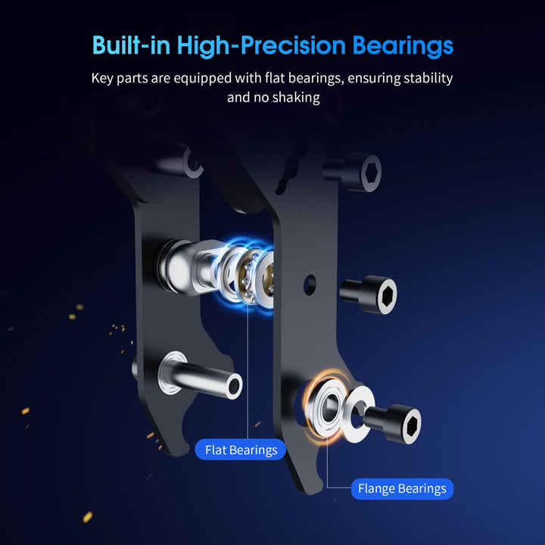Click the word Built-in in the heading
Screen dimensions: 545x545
[132, 45]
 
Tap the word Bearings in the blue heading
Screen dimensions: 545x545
[403, 46]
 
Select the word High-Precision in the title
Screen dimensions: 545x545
[261, 46]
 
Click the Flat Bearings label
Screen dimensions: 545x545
[241, 450]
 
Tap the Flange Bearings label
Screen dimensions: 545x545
[402, 489]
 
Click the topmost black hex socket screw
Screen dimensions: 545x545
[353, 172]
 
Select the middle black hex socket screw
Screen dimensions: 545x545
[369, 294]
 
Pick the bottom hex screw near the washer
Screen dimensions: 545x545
[394, 423]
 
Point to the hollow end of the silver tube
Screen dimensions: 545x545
[234, 386]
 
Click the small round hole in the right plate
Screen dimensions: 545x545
[310, 285]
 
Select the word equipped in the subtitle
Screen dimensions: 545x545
[203, 79]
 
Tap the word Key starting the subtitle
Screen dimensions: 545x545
[102, 79]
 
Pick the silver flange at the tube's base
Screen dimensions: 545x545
[171, 372]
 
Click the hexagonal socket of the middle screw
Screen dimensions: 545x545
[388, 295]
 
